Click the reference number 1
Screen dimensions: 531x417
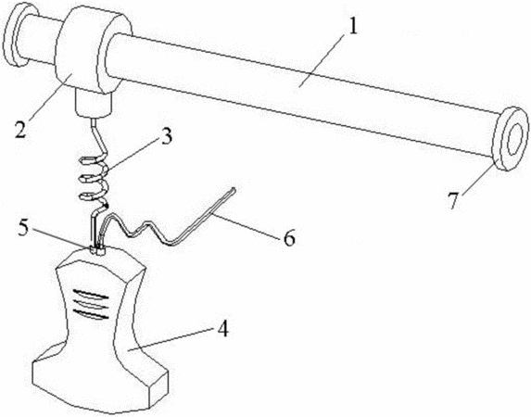pyautogui.click(x=352, y=28)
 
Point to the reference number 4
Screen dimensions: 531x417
pyautogui.click(x=222, y=327)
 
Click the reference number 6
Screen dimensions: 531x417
pyautogui.click(x=289, y=237)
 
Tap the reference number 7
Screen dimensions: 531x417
pyautogui.click(x=454, y=200)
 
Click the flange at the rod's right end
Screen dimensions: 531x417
pyautogui.click(x=511, y=139)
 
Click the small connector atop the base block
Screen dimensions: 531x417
pyautogui.click(x=97, y=251)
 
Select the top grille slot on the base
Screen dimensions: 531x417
pyautogui.click(x=91, y=294)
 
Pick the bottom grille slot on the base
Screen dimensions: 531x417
pyautogui.click(x=91, y=314)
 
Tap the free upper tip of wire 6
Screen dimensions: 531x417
pyautogui.click(x=234, y=188)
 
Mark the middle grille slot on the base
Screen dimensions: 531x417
pyautogui.click(x=91, y=304)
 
